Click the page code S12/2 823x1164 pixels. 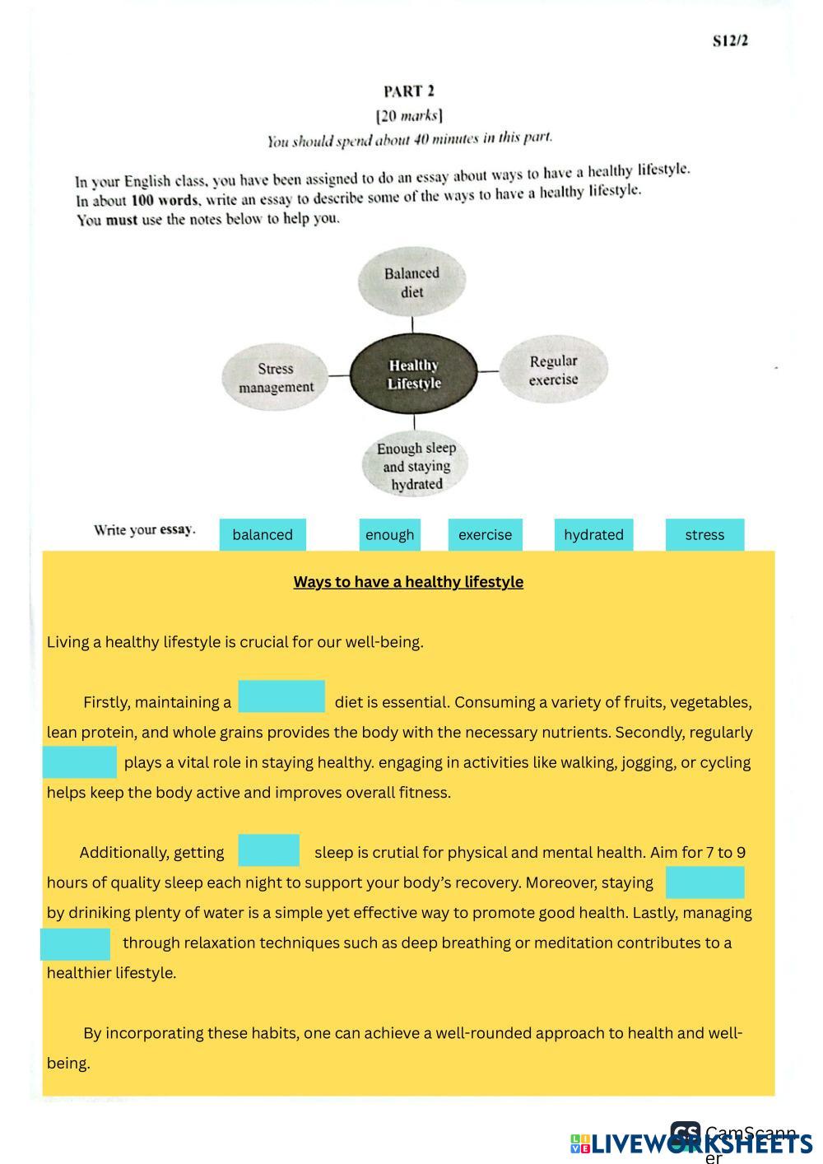pos(730,41)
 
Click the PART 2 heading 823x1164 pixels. pos(408,91)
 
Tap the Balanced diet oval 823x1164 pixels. pos(411,282)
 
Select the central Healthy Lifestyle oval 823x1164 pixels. pos(414,374)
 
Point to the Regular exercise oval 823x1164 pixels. pos(553,370)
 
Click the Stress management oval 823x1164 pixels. pos(276,378)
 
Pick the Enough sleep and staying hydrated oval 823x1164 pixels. pos(416,466)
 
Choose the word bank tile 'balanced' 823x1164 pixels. pos(263,534)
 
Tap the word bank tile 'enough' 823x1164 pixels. pos(389,534)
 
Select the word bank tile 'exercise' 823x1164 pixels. pos(485,534)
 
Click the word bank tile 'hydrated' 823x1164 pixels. pos(593,534)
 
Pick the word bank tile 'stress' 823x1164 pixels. pos(704,534)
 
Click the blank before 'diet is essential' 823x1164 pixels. pos(281,696)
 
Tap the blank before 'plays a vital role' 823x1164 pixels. pos(79,762)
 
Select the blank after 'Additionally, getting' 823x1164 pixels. pos(268,850)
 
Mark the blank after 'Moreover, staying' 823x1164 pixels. pos(704,882)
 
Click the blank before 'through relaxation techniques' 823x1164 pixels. pos(75,944)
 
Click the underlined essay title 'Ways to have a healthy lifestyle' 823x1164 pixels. pos(408,582)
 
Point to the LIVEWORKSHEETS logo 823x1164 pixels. pos(691,1143)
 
